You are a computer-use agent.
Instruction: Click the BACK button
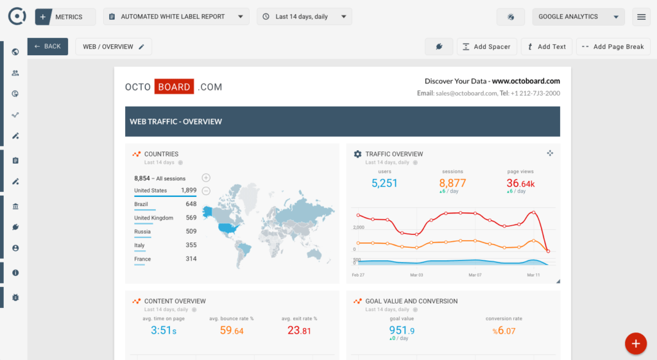47,46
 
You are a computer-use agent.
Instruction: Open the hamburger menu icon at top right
641,17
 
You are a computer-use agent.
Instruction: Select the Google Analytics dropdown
578,17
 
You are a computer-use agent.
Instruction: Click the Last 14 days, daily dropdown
304,17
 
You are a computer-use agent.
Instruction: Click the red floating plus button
635,343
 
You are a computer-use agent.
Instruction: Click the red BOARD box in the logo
174,87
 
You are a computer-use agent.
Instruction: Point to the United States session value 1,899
189,191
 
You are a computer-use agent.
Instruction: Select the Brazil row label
141,204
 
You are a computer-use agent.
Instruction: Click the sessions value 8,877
452,183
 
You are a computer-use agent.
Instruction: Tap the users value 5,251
384,183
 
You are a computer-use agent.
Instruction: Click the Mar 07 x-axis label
475,275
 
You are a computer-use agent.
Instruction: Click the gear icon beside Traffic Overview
358,154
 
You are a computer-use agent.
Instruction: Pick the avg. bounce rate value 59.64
232,330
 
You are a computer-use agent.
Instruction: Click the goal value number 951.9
402,330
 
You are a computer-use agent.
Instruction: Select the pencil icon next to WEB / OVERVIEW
141,46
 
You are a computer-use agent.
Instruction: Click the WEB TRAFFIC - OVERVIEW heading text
176,121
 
